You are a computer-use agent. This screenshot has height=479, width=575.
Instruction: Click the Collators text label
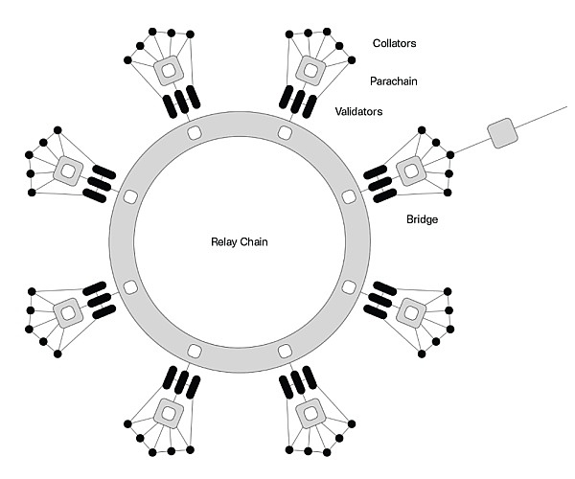coord(395,43)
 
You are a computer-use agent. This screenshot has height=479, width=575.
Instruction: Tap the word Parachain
coord(393,81)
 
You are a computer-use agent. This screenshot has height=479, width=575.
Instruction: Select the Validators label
coord(359,112)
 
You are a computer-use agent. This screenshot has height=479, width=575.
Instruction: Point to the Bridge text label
coord(422,219)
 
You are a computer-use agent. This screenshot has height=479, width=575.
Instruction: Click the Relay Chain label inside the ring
coord(240,241)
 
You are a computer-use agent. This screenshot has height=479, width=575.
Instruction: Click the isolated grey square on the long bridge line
coord(502,133)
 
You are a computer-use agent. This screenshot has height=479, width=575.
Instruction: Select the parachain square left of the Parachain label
coord(310,68)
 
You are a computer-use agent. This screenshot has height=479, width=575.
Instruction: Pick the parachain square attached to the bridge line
coord(411,171)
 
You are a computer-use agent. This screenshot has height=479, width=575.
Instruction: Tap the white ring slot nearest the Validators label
coord(285,131)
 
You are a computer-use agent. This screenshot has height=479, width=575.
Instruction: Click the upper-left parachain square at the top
coord(169,68)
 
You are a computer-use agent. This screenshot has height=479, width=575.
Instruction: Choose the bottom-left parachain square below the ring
coord(169,414)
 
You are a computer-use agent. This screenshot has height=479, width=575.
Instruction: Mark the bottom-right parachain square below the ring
coord(310,414)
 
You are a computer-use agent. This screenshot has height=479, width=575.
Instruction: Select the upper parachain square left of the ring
coord(68,171)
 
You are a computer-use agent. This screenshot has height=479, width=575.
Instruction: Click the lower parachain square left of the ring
coord(68,311)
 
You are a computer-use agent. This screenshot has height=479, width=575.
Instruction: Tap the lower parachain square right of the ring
coord(411,311)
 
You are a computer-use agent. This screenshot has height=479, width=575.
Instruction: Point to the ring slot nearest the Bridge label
coord(349,196)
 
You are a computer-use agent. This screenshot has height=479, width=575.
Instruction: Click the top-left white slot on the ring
coord(194,131)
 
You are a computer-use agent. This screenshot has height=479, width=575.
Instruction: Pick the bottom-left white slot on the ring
coord(194,351)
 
